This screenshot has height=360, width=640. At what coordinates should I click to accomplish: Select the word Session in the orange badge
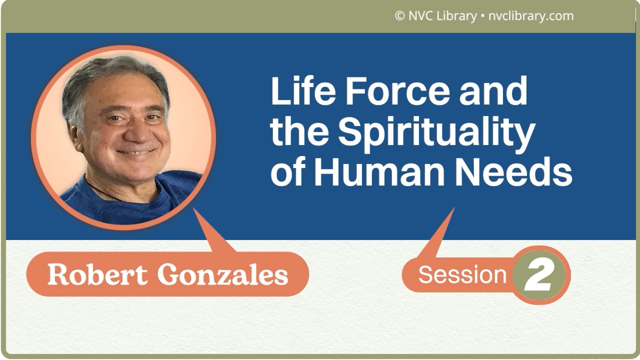click(x=462, y=274)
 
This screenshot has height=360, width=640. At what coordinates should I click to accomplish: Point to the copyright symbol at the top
click(x=399, y=16)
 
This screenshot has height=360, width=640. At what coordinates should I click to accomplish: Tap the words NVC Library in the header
click(x=442, y=16)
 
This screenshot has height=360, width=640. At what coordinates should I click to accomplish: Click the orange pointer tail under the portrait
click(x=212, y=235)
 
